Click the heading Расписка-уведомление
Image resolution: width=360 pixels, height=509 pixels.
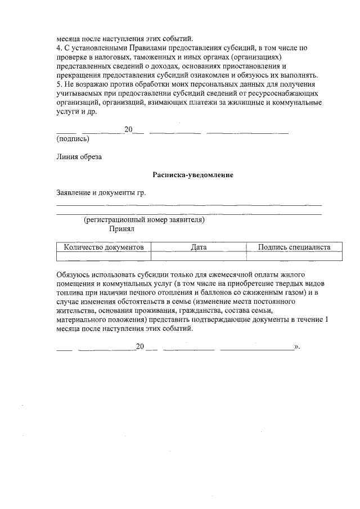point(193,175)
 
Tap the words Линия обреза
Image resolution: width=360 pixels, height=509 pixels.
point(79,157)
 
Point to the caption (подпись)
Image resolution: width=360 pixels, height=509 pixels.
point(73,138)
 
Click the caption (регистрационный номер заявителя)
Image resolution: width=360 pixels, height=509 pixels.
point(144,220)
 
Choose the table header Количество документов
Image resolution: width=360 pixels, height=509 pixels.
point(104,247)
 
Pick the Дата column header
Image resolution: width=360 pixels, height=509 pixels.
point(199,247)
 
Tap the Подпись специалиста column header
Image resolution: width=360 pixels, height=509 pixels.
point(294,247)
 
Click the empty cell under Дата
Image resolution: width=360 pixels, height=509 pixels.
point(199,256)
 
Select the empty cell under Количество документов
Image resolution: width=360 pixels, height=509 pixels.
point(104,256)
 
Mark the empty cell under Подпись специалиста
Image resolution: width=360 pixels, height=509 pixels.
point(294,256)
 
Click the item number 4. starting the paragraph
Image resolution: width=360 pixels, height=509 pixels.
point(60,49)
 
